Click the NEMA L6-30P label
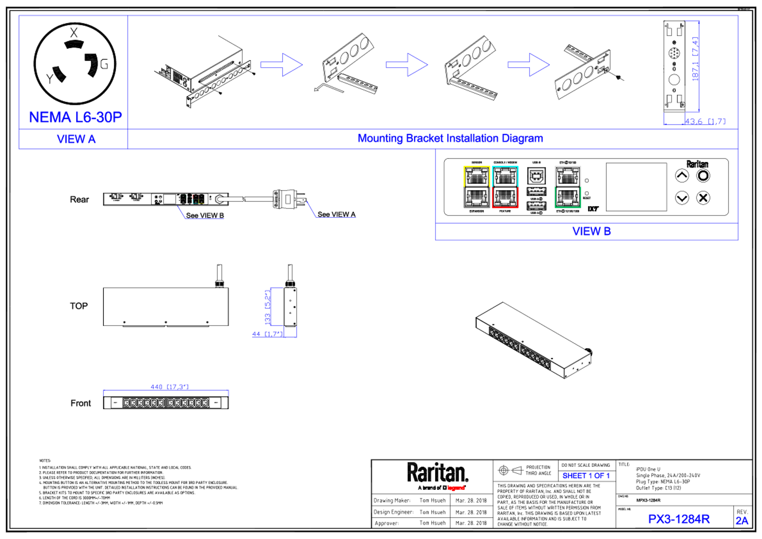coord(75,117)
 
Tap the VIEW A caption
coord(76,139)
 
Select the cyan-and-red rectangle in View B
coord(505,187)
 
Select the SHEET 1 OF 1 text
coord(586,476)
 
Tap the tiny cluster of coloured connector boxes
coord(192,199)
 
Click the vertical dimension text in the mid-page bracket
coord(267,307)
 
